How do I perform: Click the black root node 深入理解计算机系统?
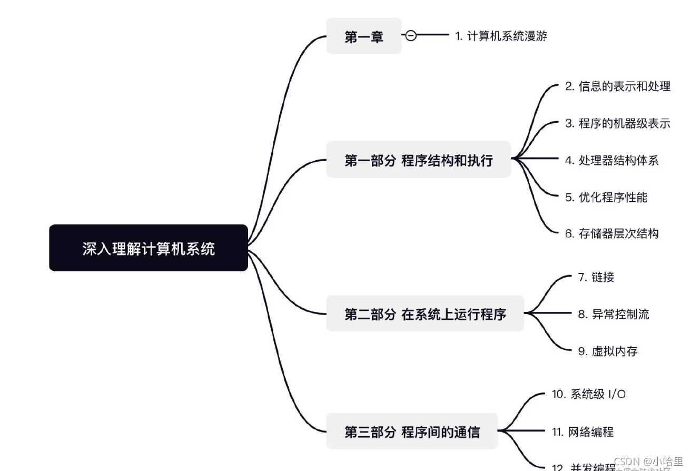click(x=148, y=248)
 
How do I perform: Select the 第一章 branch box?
click(x=363, y=36)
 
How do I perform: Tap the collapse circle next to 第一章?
click(x=411, y=36)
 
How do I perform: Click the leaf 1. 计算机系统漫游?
click(x=501, y=36)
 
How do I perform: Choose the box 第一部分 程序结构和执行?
click(x=418, y=160)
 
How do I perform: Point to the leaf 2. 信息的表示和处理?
click(x=617, y=86)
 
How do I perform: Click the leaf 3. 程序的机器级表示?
click(x=617, y=123)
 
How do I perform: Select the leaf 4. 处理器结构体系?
click(x=611, y=160)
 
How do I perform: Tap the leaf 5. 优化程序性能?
click(x=606, y=197)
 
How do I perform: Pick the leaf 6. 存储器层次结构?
click(x=611, y=233)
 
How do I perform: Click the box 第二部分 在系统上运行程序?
click(x=425, y=314)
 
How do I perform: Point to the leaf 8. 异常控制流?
click(x=613, y=314)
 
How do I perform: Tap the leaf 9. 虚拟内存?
click(x=607, y=351)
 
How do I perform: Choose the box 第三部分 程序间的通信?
click(x=412, y=432)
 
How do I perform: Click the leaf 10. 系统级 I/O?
click(x=588, y=394)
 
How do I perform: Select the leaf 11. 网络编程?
click(x=583, y=432)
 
